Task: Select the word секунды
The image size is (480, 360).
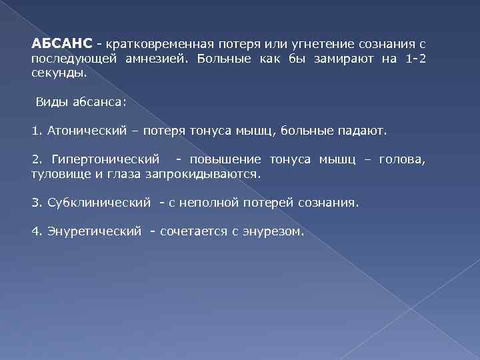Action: click(58, 75)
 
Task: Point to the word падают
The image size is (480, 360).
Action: click(365, 131)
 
